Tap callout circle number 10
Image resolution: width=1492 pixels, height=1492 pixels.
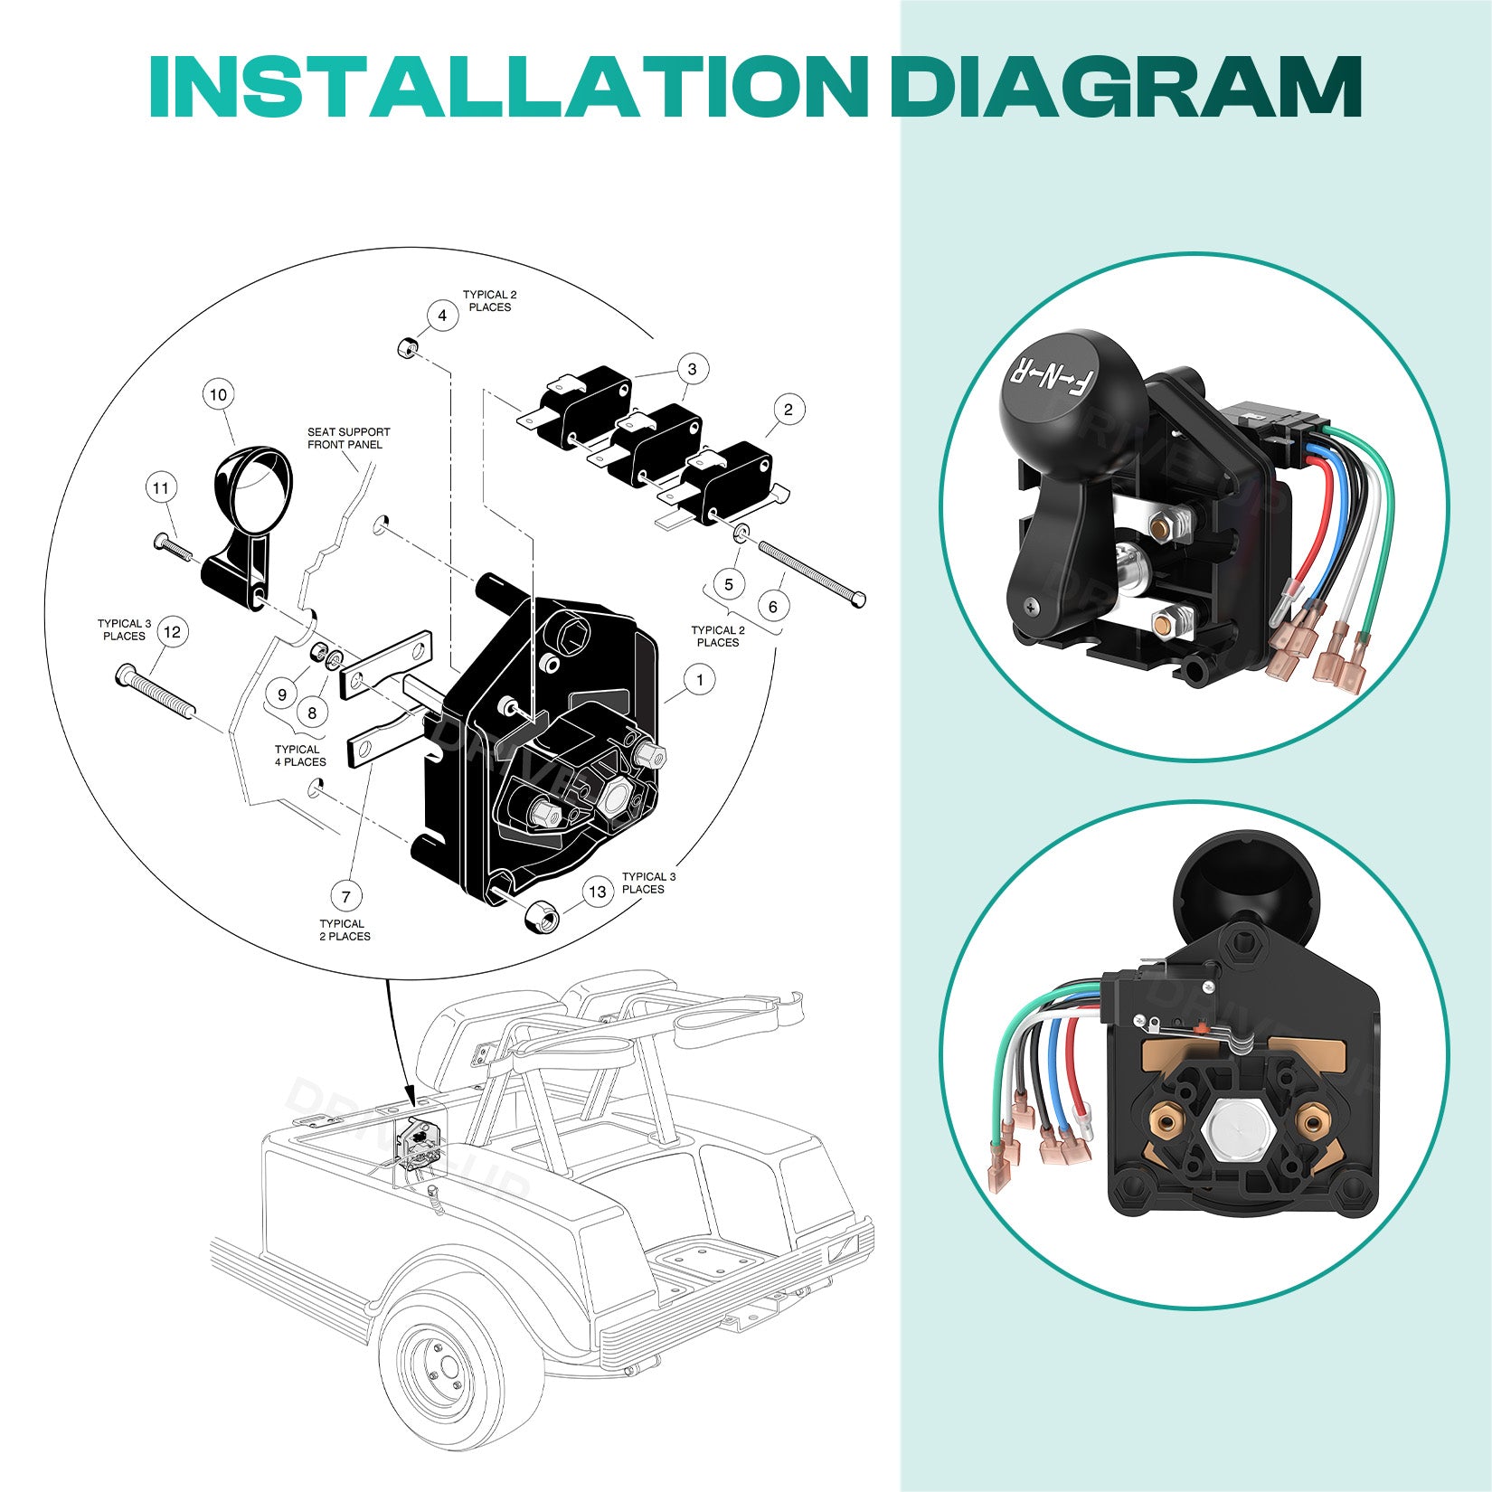click(x=218, y=394)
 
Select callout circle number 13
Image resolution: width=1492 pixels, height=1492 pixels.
click(x=597, y=892)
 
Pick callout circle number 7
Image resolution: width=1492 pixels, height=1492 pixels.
click(x=345, y=897)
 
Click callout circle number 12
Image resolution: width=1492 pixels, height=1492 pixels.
click(x=173, y=632)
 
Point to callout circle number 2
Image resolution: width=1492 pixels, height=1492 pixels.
click(x=788, y=410)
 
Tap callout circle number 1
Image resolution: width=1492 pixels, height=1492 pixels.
click(x=699, y=679)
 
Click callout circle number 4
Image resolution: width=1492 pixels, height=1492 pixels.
click(x=442, y=316)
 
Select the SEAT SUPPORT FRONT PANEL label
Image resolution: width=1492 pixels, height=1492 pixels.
click(x=348, y=439)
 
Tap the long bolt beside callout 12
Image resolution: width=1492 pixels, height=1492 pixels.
click(x=154, y=691)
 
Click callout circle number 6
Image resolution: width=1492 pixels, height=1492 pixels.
click(x=772, y=606)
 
